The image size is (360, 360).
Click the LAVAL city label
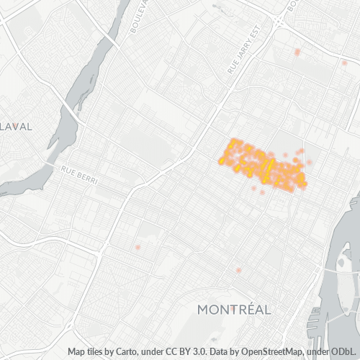click(x=17, y=126)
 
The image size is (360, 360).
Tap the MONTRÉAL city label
click(x=234, y=310)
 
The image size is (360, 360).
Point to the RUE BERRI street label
click(x=78, y=174)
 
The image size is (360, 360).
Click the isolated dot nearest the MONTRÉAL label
click(x=238, y=271)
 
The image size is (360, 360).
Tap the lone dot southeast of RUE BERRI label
click(x=137, y=248)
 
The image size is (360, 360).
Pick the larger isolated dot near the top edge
click(x=297, y=52)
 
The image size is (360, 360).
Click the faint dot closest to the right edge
click(x=344, y=63)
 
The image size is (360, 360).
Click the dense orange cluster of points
click(x=263, y=166)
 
